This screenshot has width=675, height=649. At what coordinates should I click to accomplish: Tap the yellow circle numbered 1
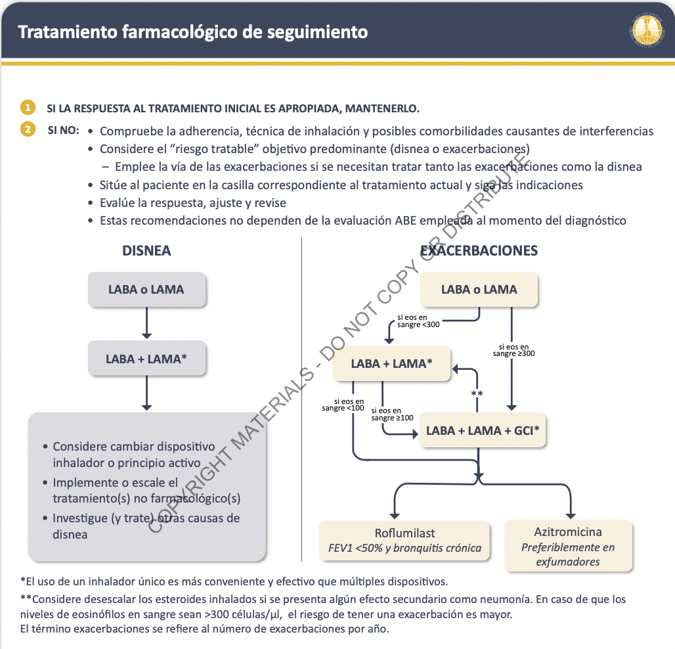[x=28, y=108]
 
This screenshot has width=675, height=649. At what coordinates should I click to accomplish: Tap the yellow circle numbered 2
[x=28, y=129]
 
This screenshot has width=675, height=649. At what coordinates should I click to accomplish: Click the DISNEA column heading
[x=146, y=251]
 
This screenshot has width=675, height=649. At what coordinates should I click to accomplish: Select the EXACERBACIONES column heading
[x=479, y=251]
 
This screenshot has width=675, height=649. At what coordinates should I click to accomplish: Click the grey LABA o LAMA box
[x=146, y=290]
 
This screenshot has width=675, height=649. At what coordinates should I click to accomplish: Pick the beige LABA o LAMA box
[x=479, y=290]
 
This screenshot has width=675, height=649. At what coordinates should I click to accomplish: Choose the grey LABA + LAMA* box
[x=146, y=359]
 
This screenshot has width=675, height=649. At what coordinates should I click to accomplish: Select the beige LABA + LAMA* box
[x=391, y=363]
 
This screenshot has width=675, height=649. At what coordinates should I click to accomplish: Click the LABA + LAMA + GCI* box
[x=483, y=431]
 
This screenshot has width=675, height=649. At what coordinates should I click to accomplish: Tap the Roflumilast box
[x=404, y=540]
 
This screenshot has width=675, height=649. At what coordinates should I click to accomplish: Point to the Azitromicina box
[x=568, y=546]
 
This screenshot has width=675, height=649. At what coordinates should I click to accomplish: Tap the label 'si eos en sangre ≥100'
[x=392, y=414]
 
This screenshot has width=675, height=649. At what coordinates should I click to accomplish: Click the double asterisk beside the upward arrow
[x=477, y=394]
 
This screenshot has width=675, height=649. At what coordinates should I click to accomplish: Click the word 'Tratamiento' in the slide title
[x=65, y=32]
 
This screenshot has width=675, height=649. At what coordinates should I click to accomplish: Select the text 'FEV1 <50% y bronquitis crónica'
[x=404, y=548]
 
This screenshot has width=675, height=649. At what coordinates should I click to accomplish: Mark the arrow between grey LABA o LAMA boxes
[x=146, y=324]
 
